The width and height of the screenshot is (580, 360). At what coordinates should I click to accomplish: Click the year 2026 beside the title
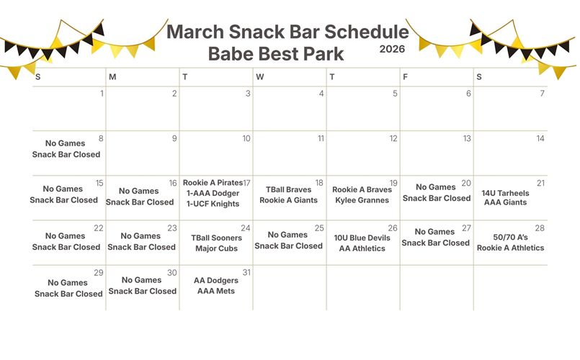(x=392, y=49)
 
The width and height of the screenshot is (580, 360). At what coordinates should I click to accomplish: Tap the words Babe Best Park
(x=276, y=53)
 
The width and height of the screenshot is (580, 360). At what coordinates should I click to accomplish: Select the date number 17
(x=246, y=183)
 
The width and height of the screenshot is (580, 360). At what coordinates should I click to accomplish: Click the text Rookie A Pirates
(x=213, y=183)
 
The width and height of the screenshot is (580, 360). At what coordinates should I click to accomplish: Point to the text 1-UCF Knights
(x=213, y=204)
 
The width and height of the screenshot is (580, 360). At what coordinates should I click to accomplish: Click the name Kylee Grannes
(x=362, y=200)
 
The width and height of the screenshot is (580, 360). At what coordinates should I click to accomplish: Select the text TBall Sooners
(x=216, y=238)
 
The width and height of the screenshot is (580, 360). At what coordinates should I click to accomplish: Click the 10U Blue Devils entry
(x=362, y=238)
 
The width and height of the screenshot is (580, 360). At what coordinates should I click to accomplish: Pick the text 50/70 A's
(x=510, y=237)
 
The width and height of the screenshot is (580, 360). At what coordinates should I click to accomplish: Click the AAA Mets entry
(x=216, y=291)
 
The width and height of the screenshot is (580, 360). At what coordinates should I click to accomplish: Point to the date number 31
(x=246, y=272)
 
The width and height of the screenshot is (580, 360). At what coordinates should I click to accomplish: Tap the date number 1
(x=102, y=94)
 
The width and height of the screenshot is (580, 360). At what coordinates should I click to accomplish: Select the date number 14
(x=540, y=138)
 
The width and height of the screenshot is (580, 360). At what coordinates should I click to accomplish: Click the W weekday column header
(x=259, y=77)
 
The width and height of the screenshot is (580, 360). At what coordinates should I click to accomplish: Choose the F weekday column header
(x=405, y=77)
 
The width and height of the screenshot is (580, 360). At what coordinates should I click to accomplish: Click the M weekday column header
(x=112, y=77)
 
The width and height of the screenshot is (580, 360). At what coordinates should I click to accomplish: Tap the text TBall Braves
(x=288, y=190)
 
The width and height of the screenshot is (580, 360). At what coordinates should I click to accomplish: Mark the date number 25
(x=320, y=228)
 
